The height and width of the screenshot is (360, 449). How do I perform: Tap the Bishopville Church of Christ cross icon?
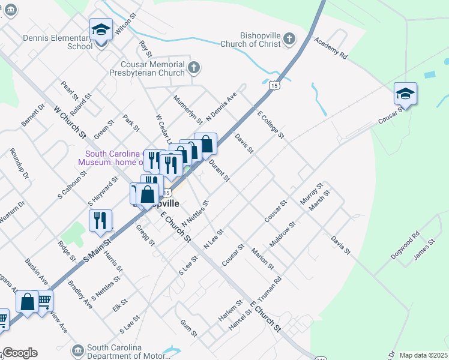point(289,40)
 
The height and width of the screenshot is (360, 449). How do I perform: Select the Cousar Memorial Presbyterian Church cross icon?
point(193,67)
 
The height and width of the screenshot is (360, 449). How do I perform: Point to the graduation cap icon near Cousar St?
point(405,94)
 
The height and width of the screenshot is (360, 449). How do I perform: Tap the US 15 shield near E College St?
point(274,86)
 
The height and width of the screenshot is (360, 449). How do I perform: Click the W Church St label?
point(70,122)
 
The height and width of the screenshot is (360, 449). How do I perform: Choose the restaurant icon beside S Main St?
point(100,220)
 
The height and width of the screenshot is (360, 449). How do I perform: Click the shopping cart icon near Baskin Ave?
point(44,300)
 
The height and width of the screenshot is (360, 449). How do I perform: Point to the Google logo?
point(20,353)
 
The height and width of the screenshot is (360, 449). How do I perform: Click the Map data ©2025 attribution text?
point(423,355)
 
